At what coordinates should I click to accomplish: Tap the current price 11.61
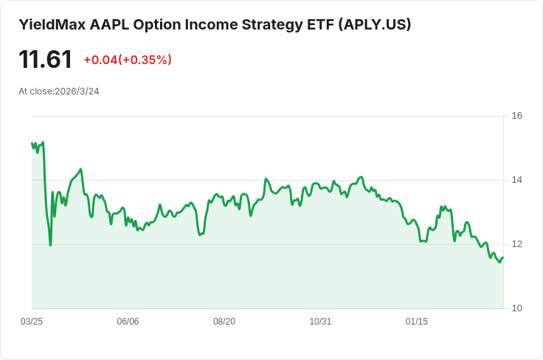click(45, 60)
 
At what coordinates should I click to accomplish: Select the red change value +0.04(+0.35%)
click(128, 60)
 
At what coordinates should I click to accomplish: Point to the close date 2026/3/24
click(77, 91)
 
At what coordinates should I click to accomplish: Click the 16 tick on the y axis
click(517, 116)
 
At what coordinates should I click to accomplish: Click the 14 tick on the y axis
click(517, 180)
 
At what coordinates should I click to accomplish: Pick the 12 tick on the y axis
click(517, 244)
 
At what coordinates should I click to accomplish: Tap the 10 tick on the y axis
click(517, 308)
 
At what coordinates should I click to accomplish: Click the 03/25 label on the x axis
click(32, 322)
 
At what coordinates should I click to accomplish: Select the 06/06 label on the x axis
click(128, 322)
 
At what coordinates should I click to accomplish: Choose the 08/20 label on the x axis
click(224, 322)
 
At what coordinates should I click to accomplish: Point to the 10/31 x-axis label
click(320, 322)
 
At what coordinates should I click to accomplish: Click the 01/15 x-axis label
click(417, 322)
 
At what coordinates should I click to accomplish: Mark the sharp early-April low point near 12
click(50, 245)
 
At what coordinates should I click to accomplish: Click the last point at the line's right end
click(503, 257)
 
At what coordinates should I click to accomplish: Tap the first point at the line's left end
click(32, 143)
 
